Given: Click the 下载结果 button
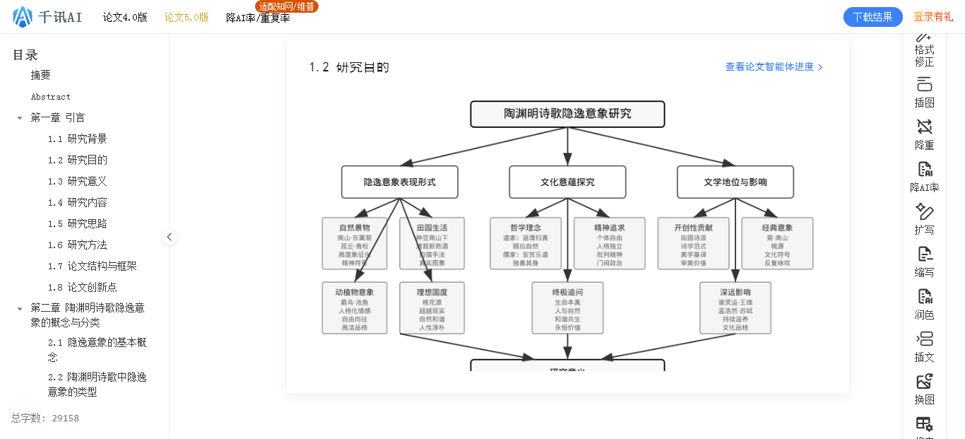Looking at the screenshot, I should tap(872, 17).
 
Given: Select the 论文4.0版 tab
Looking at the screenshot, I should tap(125, 18).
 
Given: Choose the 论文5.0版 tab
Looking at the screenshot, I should tap(187, 18).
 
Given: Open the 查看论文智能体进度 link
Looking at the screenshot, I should tap(774, 67).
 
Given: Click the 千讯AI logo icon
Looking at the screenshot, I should tap(23, 17).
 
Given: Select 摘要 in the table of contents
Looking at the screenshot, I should tap(40, 75).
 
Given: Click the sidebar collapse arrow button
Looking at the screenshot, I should tap(170, 237).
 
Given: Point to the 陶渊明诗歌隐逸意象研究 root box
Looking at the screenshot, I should tap(567, 114).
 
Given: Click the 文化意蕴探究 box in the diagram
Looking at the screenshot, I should tap(567, 182).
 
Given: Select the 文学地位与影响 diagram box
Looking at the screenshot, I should tap(735, 182).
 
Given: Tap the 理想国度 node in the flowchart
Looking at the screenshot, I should tap(432, 308).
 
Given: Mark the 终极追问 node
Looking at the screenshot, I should tap(567, 308).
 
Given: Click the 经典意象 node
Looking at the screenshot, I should tap(777, 243).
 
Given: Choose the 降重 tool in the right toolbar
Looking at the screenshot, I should tap(924, 134).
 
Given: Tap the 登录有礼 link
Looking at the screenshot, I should tap(933, 17).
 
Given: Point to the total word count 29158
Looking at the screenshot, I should tap(65, 418).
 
